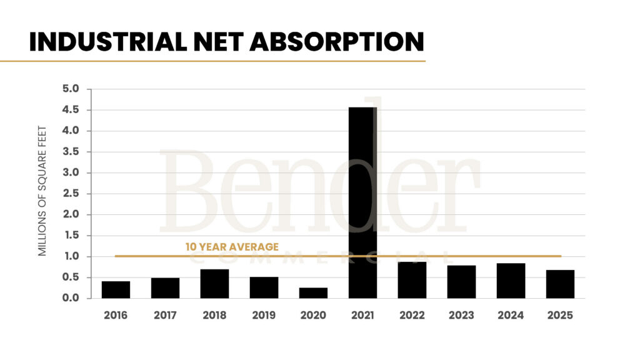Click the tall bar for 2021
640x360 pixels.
point(362,202)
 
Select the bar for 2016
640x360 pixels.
point(116,290)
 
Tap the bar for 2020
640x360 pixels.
point(313,293)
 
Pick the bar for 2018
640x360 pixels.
point(214,284)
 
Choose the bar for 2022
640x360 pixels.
point(412,280)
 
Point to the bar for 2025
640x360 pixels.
point(560,284)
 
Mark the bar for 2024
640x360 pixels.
point(511,281)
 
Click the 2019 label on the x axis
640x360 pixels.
point(264,316)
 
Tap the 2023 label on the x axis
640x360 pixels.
point(461,316)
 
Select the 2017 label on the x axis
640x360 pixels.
point(165,316)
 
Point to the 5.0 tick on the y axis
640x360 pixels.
point(71,89)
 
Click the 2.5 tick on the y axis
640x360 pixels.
point(71,194)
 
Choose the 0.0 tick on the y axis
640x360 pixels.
point(71,298)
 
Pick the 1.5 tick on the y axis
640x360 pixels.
point(71,236)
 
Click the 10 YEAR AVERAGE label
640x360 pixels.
point(232,247)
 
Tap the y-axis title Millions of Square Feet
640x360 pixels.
point(42,191)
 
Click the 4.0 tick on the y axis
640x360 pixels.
point(71,131)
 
